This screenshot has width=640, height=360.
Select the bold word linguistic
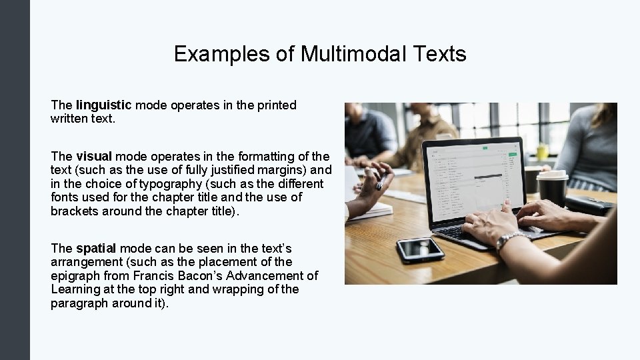click(104, 105)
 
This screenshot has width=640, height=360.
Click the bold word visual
click(93, 157)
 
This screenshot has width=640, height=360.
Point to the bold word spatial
click(95, 248)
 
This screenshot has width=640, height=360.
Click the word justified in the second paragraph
click(236, 170)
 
